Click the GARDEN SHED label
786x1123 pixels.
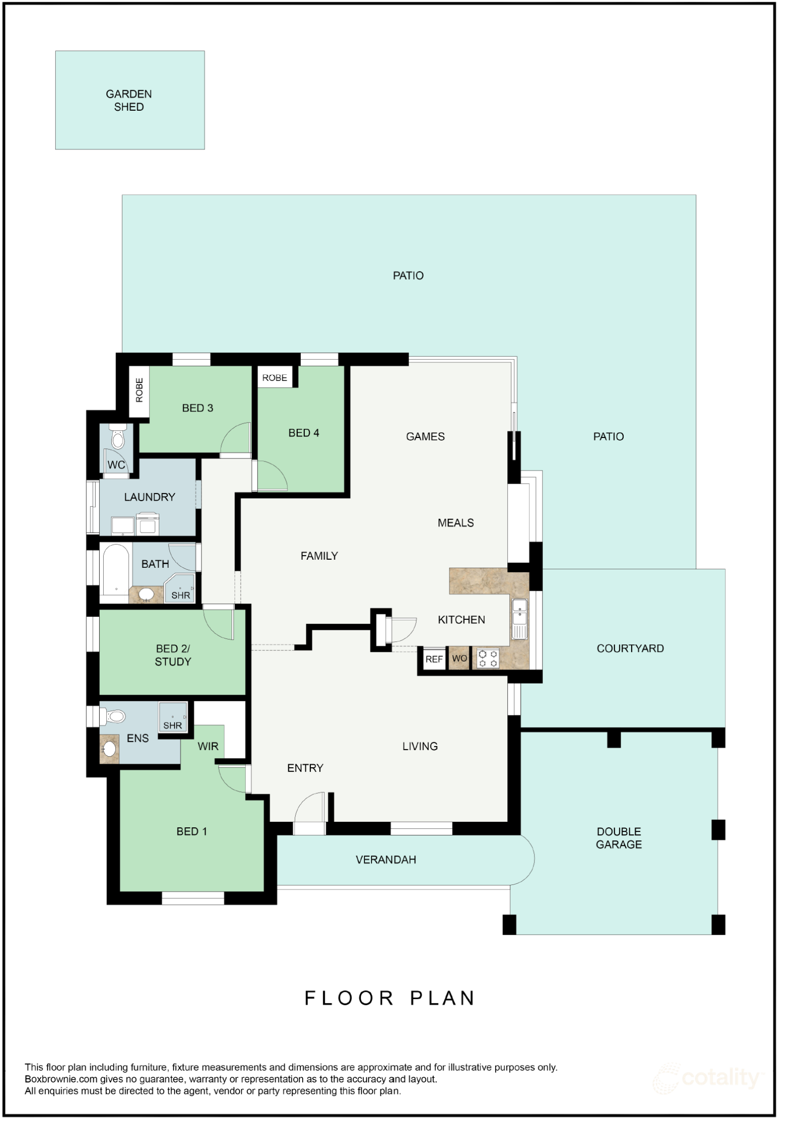point(129,101)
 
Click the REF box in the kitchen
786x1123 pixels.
point(434,659)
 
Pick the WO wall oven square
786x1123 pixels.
point(459,658)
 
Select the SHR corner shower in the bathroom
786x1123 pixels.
point(181,590)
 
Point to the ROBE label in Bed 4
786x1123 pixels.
point(275,378)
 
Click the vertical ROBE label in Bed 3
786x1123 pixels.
point(139,390)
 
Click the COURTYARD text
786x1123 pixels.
point(630,648)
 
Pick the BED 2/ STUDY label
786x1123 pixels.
point(173,655)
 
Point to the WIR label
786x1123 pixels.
point(208,747)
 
